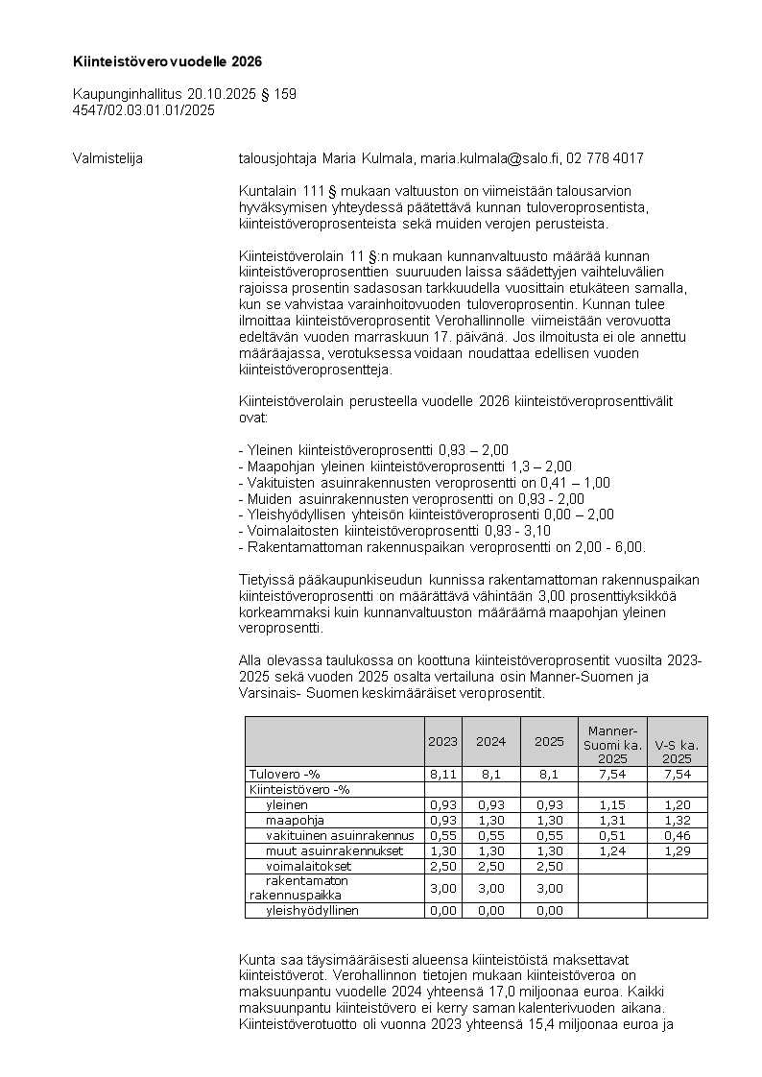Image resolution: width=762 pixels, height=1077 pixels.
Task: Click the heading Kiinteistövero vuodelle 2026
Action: [x=167, y=61]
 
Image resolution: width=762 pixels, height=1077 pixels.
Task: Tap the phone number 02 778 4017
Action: [x=605, y=158]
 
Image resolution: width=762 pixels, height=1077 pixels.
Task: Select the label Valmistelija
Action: [x=107, y=158]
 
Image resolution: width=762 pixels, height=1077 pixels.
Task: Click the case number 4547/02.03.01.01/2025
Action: [x=143, y=110]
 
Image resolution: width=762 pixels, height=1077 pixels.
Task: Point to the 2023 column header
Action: [x=442, y=742]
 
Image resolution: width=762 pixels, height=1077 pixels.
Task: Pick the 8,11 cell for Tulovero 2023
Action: [x=442, y=775]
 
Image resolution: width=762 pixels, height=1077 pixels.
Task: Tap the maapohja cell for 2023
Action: [x=442, y=821]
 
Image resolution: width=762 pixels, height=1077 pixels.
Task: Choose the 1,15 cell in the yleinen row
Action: [x=612, y=805]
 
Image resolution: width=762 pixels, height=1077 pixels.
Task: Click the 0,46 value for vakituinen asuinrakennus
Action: [x=677, y=836]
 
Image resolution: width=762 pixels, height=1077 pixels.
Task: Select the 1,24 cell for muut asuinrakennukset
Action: [x=612, y=851]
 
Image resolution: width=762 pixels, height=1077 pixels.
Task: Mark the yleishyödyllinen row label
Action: [x=312, y=911]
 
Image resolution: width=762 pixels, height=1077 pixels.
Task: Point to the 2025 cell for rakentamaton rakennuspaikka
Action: [x=549, y=889]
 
